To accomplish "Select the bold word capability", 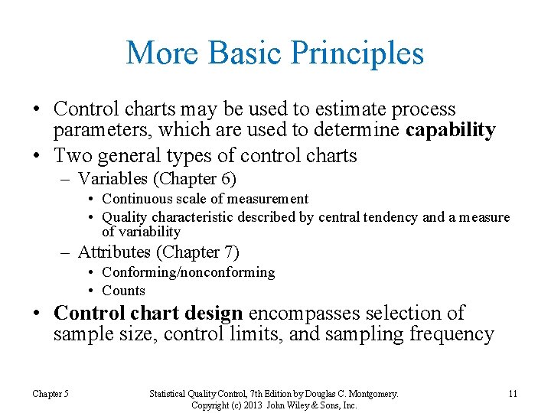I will tap(451, 130).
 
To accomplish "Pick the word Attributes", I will tap(114, 252).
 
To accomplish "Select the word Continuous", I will tap(135, 199).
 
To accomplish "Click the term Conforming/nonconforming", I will tap(188, 272).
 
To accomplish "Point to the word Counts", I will tap(123, 291).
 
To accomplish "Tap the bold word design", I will tap(218, 314).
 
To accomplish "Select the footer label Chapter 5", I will tap(51, 394).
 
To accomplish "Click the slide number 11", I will tap(512, 394).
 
